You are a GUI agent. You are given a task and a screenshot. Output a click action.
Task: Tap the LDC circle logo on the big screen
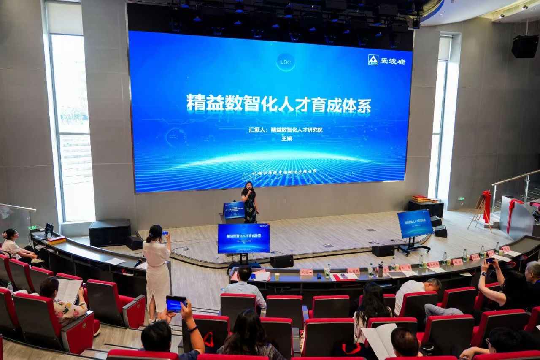point(286,62)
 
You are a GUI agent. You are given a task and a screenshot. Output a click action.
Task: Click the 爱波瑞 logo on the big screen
point(387,60)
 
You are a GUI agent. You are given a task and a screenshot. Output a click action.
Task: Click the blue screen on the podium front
point(234,210)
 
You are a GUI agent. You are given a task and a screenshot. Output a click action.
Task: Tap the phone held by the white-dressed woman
point(165,233)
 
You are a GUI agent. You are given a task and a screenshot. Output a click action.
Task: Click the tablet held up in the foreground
point(176,303)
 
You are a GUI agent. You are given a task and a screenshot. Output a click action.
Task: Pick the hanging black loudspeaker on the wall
point(524,46)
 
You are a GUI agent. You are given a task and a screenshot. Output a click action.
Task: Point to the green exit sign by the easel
point(461,199)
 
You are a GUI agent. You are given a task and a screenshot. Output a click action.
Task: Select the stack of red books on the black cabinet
point(420,198)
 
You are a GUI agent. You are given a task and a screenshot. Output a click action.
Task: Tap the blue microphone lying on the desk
point(138,263)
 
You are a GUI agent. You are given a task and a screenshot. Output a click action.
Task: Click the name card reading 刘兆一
point(306,272)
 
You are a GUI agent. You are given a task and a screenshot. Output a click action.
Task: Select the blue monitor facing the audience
point(244,238)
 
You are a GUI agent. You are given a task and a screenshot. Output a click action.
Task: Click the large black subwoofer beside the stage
point(109,233)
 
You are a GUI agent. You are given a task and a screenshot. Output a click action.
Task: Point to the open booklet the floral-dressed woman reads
point(68,290)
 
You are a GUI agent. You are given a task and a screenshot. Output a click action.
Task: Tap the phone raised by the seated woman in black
point(490,261)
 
